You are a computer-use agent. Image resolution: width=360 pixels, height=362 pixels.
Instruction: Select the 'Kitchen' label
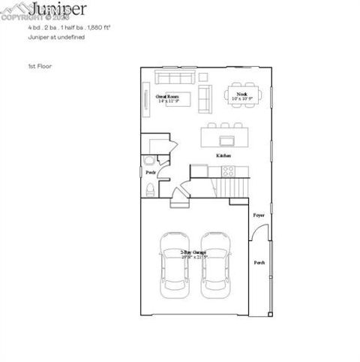point(223,155)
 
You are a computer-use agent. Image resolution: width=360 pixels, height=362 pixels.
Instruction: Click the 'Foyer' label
point(258,215)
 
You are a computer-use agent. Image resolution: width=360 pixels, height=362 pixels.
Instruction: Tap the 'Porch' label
point(259,263)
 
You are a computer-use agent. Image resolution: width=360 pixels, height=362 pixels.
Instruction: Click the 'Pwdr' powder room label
point(150,173)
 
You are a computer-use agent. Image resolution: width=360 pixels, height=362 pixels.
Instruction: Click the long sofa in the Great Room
point(174,77)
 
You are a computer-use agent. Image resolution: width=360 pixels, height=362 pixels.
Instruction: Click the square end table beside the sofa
point(203,77)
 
